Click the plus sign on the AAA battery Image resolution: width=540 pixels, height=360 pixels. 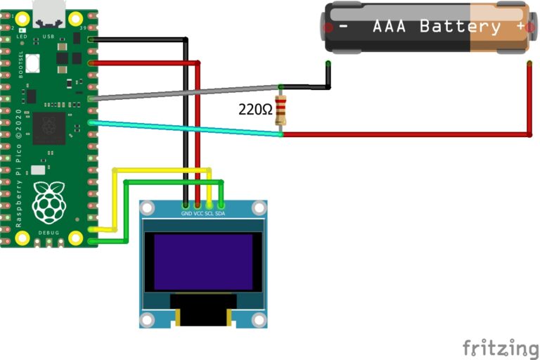(521, 26)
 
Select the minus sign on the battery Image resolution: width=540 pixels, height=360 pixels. (344, 27)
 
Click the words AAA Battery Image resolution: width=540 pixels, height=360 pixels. (436, 27)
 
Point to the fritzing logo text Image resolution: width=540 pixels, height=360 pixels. (500, 347)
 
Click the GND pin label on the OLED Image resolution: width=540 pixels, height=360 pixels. (186, 213)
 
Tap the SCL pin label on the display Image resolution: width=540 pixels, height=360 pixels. (209, 213)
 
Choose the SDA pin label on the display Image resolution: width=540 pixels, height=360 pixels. (220, 213)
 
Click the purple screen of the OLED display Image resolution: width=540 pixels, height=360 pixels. (203, 262)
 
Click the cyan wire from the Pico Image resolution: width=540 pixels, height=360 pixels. (183, 128)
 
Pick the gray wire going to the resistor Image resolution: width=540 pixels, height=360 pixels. (183, 92)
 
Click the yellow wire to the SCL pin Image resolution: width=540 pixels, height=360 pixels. (162, 169)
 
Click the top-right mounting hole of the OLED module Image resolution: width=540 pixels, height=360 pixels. (259, 208)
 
